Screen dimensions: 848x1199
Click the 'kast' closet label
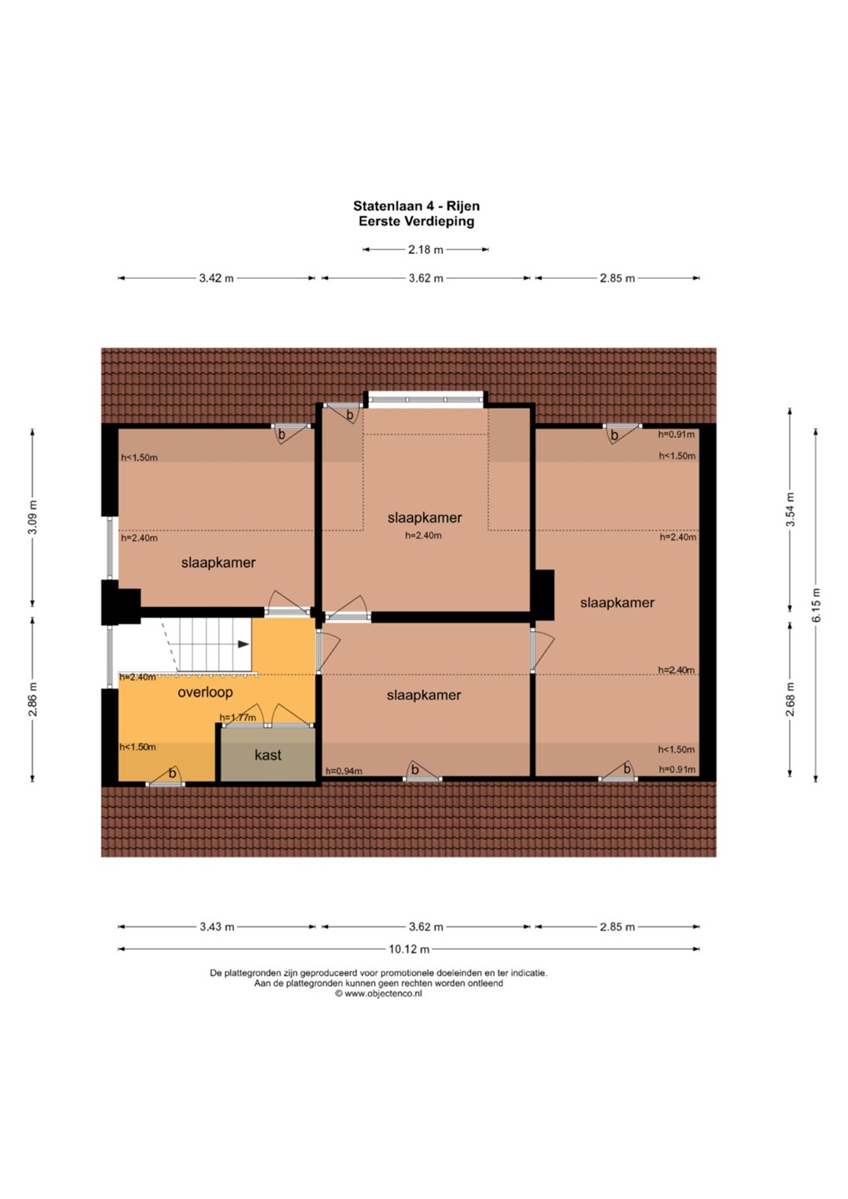point(267,755)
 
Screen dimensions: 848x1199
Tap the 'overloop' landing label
point(205,692)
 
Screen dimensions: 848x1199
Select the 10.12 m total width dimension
point(409,949)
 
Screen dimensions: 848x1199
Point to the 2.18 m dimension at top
point(426,250)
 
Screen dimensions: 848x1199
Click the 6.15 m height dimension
point(816,604)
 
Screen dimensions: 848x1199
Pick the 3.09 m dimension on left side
point(32,517)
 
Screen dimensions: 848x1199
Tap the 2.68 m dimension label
point(790,699)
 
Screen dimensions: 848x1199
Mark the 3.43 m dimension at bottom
point(217,927)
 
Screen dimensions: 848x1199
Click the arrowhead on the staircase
point(243,644)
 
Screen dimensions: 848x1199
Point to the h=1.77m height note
point(237,717)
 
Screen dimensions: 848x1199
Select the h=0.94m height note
point(344,771)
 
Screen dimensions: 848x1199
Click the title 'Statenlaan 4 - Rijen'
point(416,206)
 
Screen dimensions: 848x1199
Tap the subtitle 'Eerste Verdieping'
point(417,221)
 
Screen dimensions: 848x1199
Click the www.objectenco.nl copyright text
point(378,993)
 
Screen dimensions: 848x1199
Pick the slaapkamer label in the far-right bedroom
point(617,603)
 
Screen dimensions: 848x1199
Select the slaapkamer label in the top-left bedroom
point(218,563)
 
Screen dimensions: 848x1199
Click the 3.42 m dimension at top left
point(217,278)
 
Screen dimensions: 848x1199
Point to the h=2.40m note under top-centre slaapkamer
point(423,535)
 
